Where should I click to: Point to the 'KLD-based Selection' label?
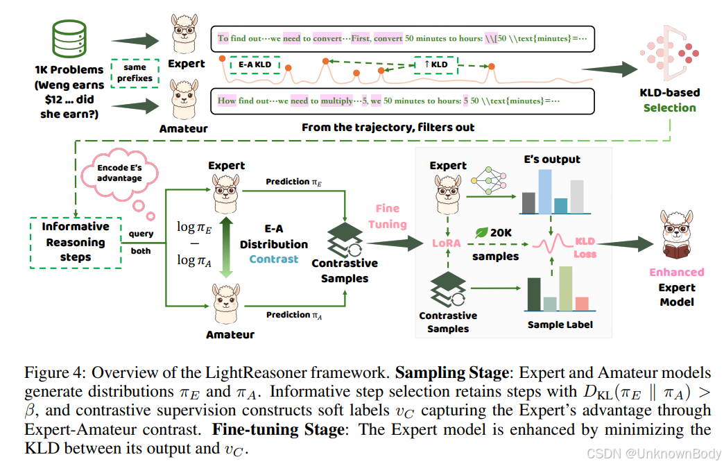670,100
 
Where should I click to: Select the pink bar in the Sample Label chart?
582,303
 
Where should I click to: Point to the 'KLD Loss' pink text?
585,248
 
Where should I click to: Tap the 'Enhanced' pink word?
676,273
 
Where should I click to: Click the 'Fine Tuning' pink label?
388,216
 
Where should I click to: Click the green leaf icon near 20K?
480,232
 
